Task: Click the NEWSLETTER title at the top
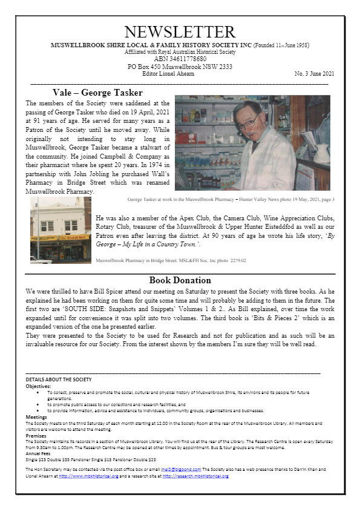[180, 32]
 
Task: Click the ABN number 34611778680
[179, 59]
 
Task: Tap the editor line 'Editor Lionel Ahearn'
[179, 73]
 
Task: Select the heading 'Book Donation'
[180, 280]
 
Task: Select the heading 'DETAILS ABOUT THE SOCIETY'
[59, 379]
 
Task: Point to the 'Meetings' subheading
[36, 417]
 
